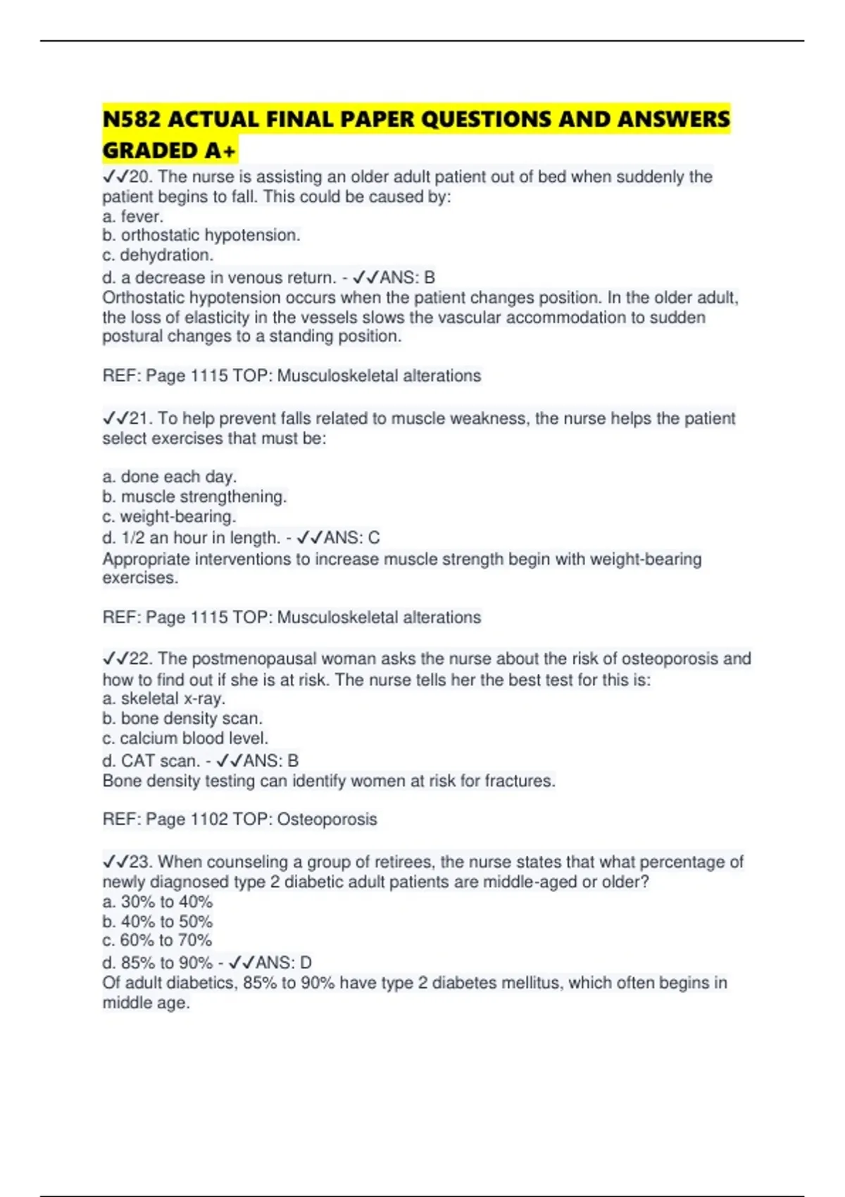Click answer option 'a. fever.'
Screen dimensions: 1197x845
coord(132,216)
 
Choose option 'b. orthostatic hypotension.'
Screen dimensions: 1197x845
coord(201,235)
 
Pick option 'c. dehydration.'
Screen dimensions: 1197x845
coord(157,255)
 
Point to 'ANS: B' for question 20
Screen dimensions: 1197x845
coord(407,277)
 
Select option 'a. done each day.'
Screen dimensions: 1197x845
coord(169,477)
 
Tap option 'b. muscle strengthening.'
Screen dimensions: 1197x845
coord(194,496)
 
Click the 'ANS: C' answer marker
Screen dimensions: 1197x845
coord(351,538)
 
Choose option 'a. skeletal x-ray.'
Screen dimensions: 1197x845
coord(163,698)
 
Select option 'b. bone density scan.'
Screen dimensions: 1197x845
coord(182,718)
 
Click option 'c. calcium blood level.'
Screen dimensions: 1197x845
coord(185,738)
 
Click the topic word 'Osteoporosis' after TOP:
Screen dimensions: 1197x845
coord(327,820)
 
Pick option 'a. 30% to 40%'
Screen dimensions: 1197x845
coord(157,901)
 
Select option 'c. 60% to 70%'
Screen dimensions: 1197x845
coord(157,940)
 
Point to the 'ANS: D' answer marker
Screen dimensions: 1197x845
coord(283,963)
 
